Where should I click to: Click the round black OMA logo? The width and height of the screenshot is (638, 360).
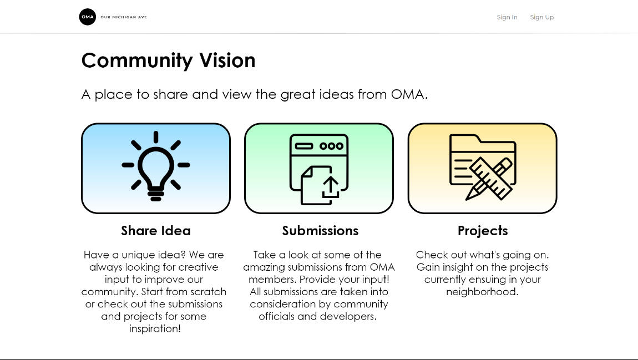coord(88,17)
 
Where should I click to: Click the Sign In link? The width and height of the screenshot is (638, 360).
coord(507,17)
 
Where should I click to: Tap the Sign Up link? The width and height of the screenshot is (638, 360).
coord(542,17)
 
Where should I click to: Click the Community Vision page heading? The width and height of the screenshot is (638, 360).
coord(169,60)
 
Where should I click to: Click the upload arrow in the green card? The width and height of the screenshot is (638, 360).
coord(331,187)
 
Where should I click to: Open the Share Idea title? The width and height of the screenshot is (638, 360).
coord(156,231)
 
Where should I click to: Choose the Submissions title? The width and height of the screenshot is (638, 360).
coord(320,231)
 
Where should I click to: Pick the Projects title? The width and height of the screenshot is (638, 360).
coord(483,231)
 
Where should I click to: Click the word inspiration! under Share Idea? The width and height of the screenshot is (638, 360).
coord(155,329)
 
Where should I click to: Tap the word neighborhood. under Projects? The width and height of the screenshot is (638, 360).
coord(482,292)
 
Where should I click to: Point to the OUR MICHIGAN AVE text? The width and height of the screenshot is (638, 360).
coord(124,17)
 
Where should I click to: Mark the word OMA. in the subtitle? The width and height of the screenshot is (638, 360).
coord(409,94)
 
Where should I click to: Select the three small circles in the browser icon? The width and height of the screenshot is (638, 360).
coord(331,146)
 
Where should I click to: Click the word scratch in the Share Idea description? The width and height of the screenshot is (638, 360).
coord(209,292)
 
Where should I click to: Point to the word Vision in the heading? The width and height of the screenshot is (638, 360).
coord(227,60)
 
